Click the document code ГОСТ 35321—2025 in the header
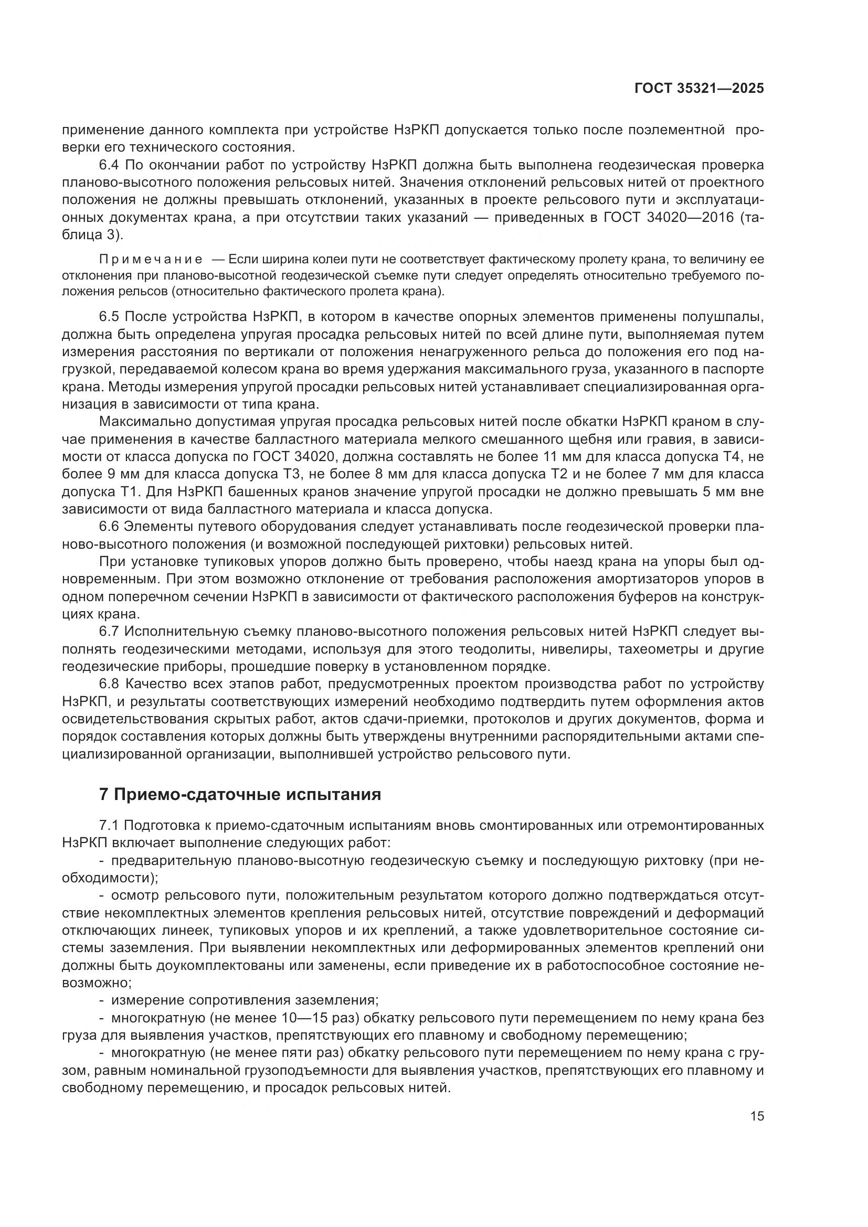[x=699, y=89]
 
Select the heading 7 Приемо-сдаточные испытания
[x=240, y=795]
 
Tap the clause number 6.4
[x=110, y=165]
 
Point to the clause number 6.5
[x=110, y=317]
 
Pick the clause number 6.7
[x=110, y=632]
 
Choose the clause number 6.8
[x=110, y=684]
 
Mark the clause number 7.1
[x=110, y=826]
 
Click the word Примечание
[x=151, y=260]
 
